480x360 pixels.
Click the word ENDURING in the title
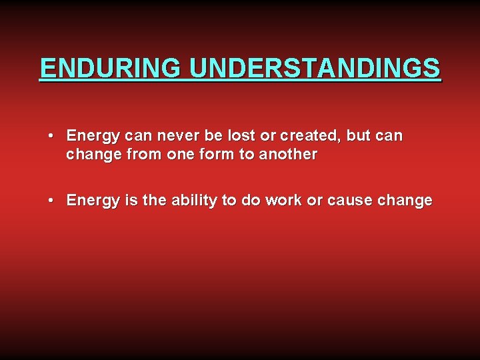tap(111, 68)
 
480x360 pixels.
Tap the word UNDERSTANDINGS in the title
tap(315, 68)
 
